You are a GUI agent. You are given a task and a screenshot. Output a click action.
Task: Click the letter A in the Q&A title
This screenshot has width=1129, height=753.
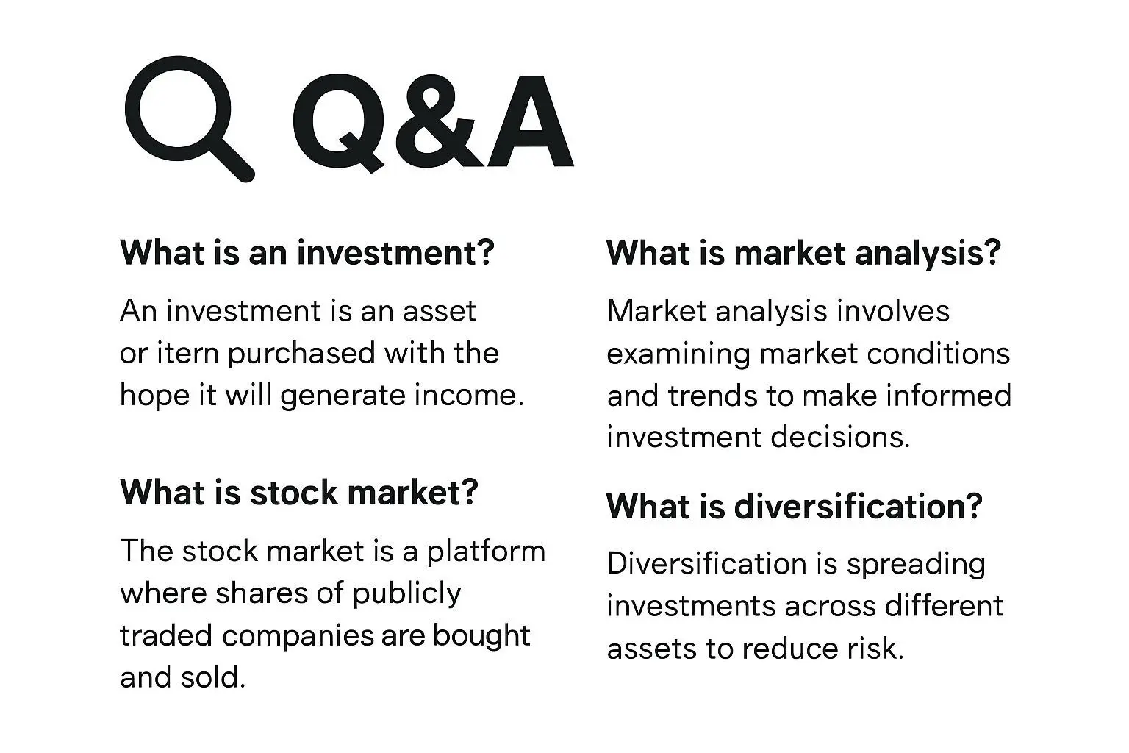531,121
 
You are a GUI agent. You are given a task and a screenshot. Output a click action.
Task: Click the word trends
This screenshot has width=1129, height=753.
713,396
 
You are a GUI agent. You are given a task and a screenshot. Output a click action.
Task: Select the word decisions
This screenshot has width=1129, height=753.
840,437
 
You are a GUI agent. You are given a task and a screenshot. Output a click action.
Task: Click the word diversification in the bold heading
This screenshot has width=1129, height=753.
859,506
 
